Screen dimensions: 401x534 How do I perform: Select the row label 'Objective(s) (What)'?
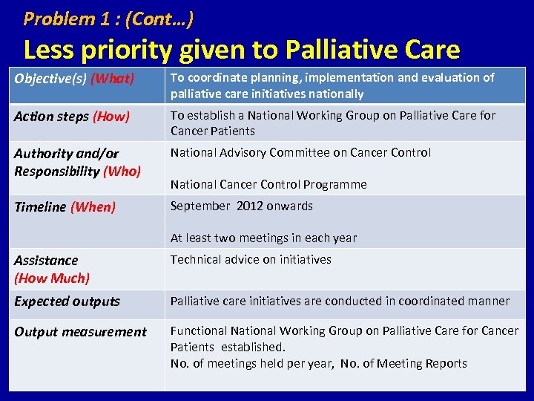coord(74,78)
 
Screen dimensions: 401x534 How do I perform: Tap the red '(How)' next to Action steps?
coord(111,117)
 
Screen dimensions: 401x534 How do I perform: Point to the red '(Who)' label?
coord(122,171)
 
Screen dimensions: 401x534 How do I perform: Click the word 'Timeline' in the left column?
coord(40,207)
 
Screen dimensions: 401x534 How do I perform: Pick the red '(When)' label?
coord(93,207)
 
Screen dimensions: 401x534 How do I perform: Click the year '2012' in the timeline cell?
coord(251,206)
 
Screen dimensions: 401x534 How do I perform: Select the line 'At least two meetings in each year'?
coord(263,238)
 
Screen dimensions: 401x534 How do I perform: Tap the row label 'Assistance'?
coord(46,261)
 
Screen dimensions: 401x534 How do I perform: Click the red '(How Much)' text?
coord(52,278)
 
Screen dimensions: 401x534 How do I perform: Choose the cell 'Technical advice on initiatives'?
coord(251,259)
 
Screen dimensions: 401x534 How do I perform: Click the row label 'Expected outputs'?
coord(67,301)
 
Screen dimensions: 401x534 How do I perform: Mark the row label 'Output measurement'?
coord(80,332)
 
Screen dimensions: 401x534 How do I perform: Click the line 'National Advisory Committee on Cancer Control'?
coord(300,152)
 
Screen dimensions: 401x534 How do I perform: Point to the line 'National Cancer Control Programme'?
coord(268,184)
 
